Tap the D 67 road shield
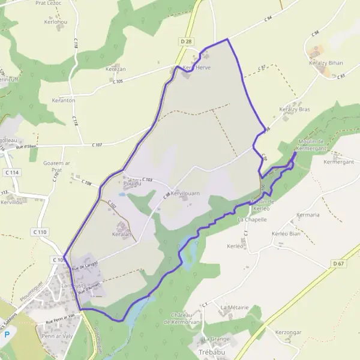[338, 263]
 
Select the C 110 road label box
[40, 232]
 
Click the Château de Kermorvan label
[185, 319]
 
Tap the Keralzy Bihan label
[326, 62]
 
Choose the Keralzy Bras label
[294, 110]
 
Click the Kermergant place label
[340, 162]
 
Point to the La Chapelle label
[251, 220]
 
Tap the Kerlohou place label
[56, 22]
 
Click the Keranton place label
[64, 100]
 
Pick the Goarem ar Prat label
[57, 166]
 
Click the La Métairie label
[234, 307]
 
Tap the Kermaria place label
[308, 214]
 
